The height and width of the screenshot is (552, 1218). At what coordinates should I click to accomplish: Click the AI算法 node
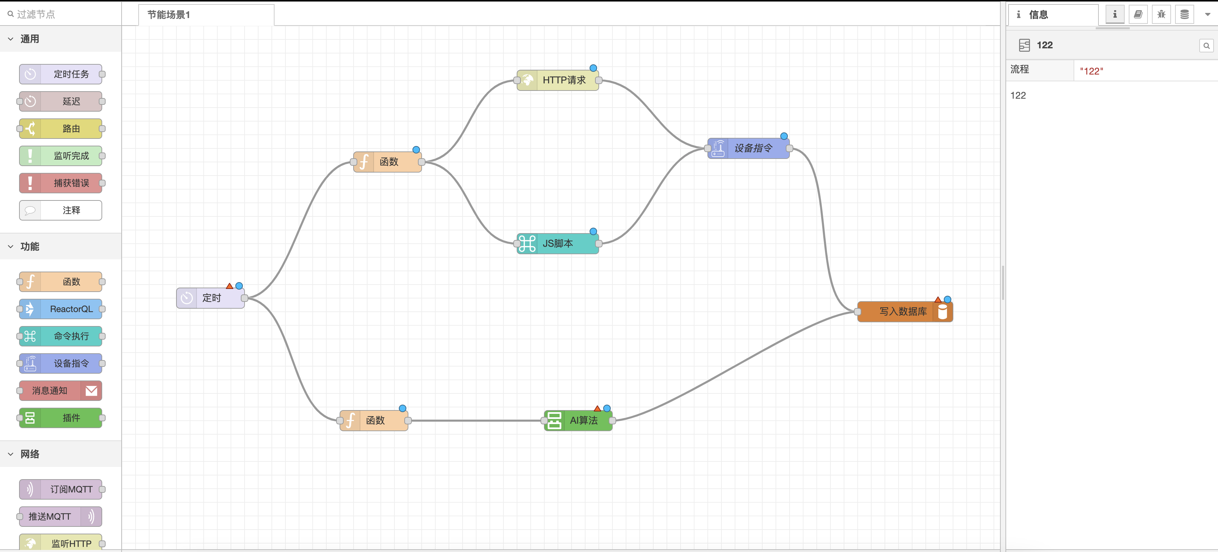(x=583, y=421)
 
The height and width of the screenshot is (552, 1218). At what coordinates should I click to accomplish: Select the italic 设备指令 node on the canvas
(x=753, y=148)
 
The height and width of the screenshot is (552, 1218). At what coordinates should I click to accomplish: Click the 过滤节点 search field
(x=61, y=14)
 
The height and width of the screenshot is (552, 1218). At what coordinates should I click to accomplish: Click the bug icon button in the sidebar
(x=1161, y=15)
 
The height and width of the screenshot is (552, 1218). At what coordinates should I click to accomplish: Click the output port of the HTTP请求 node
(x=598, y=80)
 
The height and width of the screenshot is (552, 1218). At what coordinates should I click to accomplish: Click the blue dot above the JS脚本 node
(x=593, y=231)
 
